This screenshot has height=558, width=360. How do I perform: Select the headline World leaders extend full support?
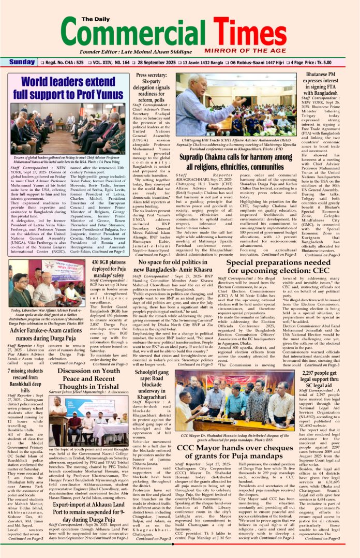tap(68, 88)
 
